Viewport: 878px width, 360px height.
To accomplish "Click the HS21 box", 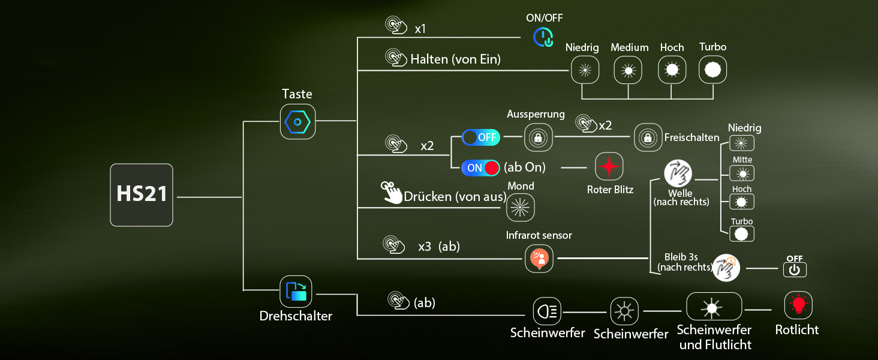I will point(142,195).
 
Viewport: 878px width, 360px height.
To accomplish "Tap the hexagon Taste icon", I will point(297,122).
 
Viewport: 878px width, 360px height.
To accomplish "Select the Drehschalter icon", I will point(297,292).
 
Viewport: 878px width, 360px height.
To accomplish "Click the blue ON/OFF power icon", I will point(544,38).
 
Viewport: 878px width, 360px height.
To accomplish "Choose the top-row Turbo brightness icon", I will point(712,70).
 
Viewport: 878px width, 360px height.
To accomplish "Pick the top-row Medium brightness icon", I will point(629,70).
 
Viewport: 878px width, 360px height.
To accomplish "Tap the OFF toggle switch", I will point(480,137).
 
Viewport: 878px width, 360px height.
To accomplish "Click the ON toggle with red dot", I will point(480,167).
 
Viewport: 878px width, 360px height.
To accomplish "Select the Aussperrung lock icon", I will point(538,137).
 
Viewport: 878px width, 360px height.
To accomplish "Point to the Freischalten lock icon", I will point(648,137).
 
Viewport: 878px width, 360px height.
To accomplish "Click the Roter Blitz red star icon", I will point(609,167).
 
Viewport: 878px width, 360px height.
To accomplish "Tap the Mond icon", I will point(520,207).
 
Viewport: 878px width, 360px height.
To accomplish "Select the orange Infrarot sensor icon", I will point(539,259).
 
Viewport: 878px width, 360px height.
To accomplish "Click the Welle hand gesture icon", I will point(678,175).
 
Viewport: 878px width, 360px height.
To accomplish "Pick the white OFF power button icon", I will point(795,269).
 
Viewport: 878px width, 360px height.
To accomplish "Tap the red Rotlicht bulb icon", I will point(798,305).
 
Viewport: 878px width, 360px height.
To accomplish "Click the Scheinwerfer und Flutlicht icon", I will point(714,307).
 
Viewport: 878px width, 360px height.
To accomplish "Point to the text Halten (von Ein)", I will point(455,59).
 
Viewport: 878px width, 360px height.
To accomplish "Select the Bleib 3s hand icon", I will point(726,268).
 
